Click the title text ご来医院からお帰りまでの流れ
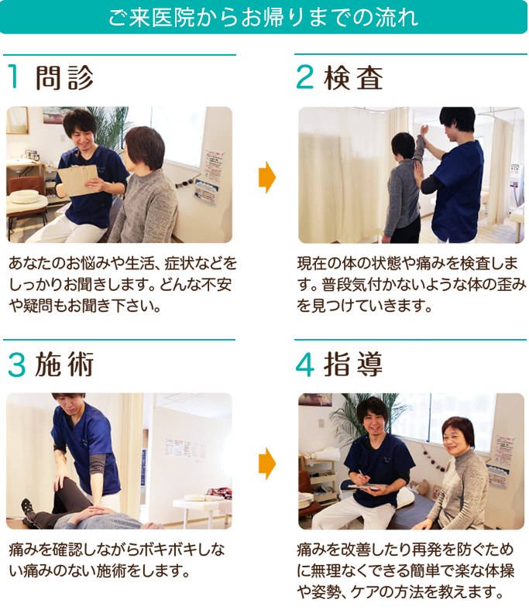(x=263, y=17)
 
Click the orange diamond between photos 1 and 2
(x=266, y=177)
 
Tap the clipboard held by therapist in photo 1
(x=77, y=180)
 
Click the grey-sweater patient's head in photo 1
(x=145, y=147)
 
